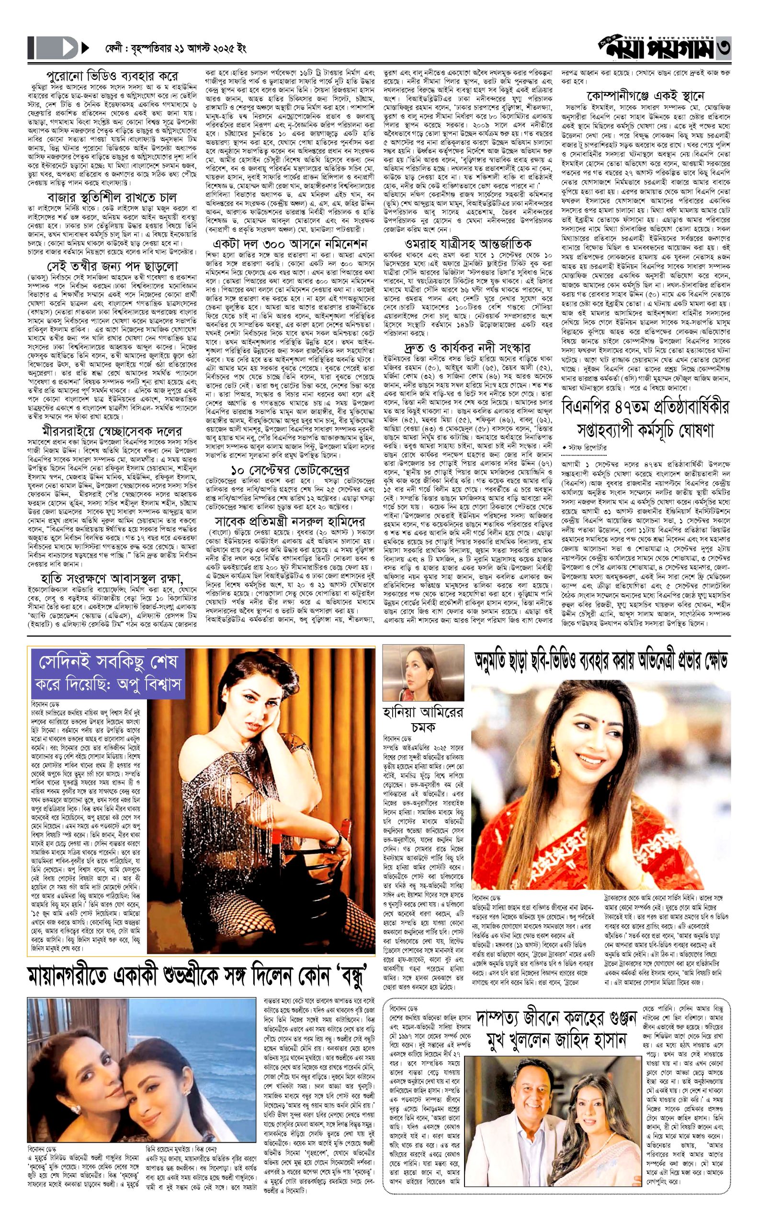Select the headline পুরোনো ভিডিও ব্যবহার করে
[112, 77]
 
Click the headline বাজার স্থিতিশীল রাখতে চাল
[112, 197]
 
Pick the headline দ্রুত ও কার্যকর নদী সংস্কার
[468, 348]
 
